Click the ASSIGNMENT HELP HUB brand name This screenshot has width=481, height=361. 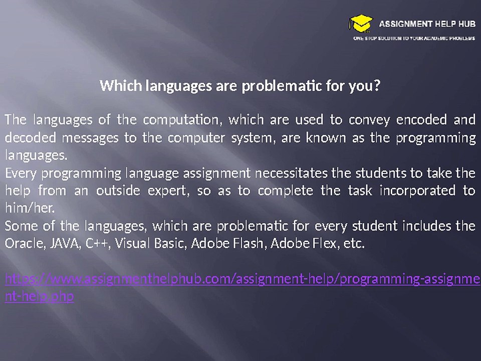427,24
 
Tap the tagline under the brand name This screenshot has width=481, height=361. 414,38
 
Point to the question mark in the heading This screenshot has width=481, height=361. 377,86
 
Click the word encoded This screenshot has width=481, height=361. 422,120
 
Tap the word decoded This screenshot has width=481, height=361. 27,137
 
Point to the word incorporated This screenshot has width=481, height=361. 418,191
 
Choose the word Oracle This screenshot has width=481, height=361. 23,244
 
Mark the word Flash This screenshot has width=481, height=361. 251,244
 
